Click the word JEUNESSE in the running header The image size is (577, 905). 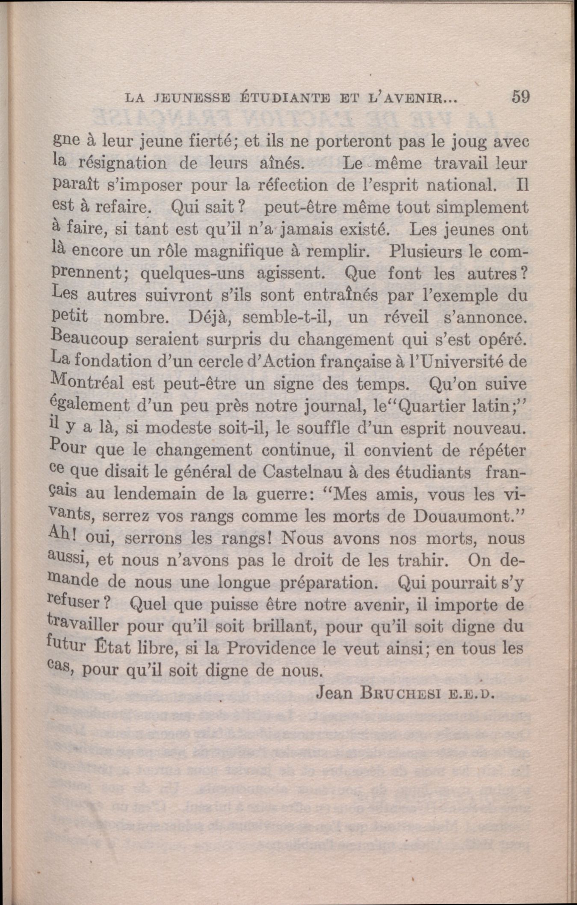(189, 99)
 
